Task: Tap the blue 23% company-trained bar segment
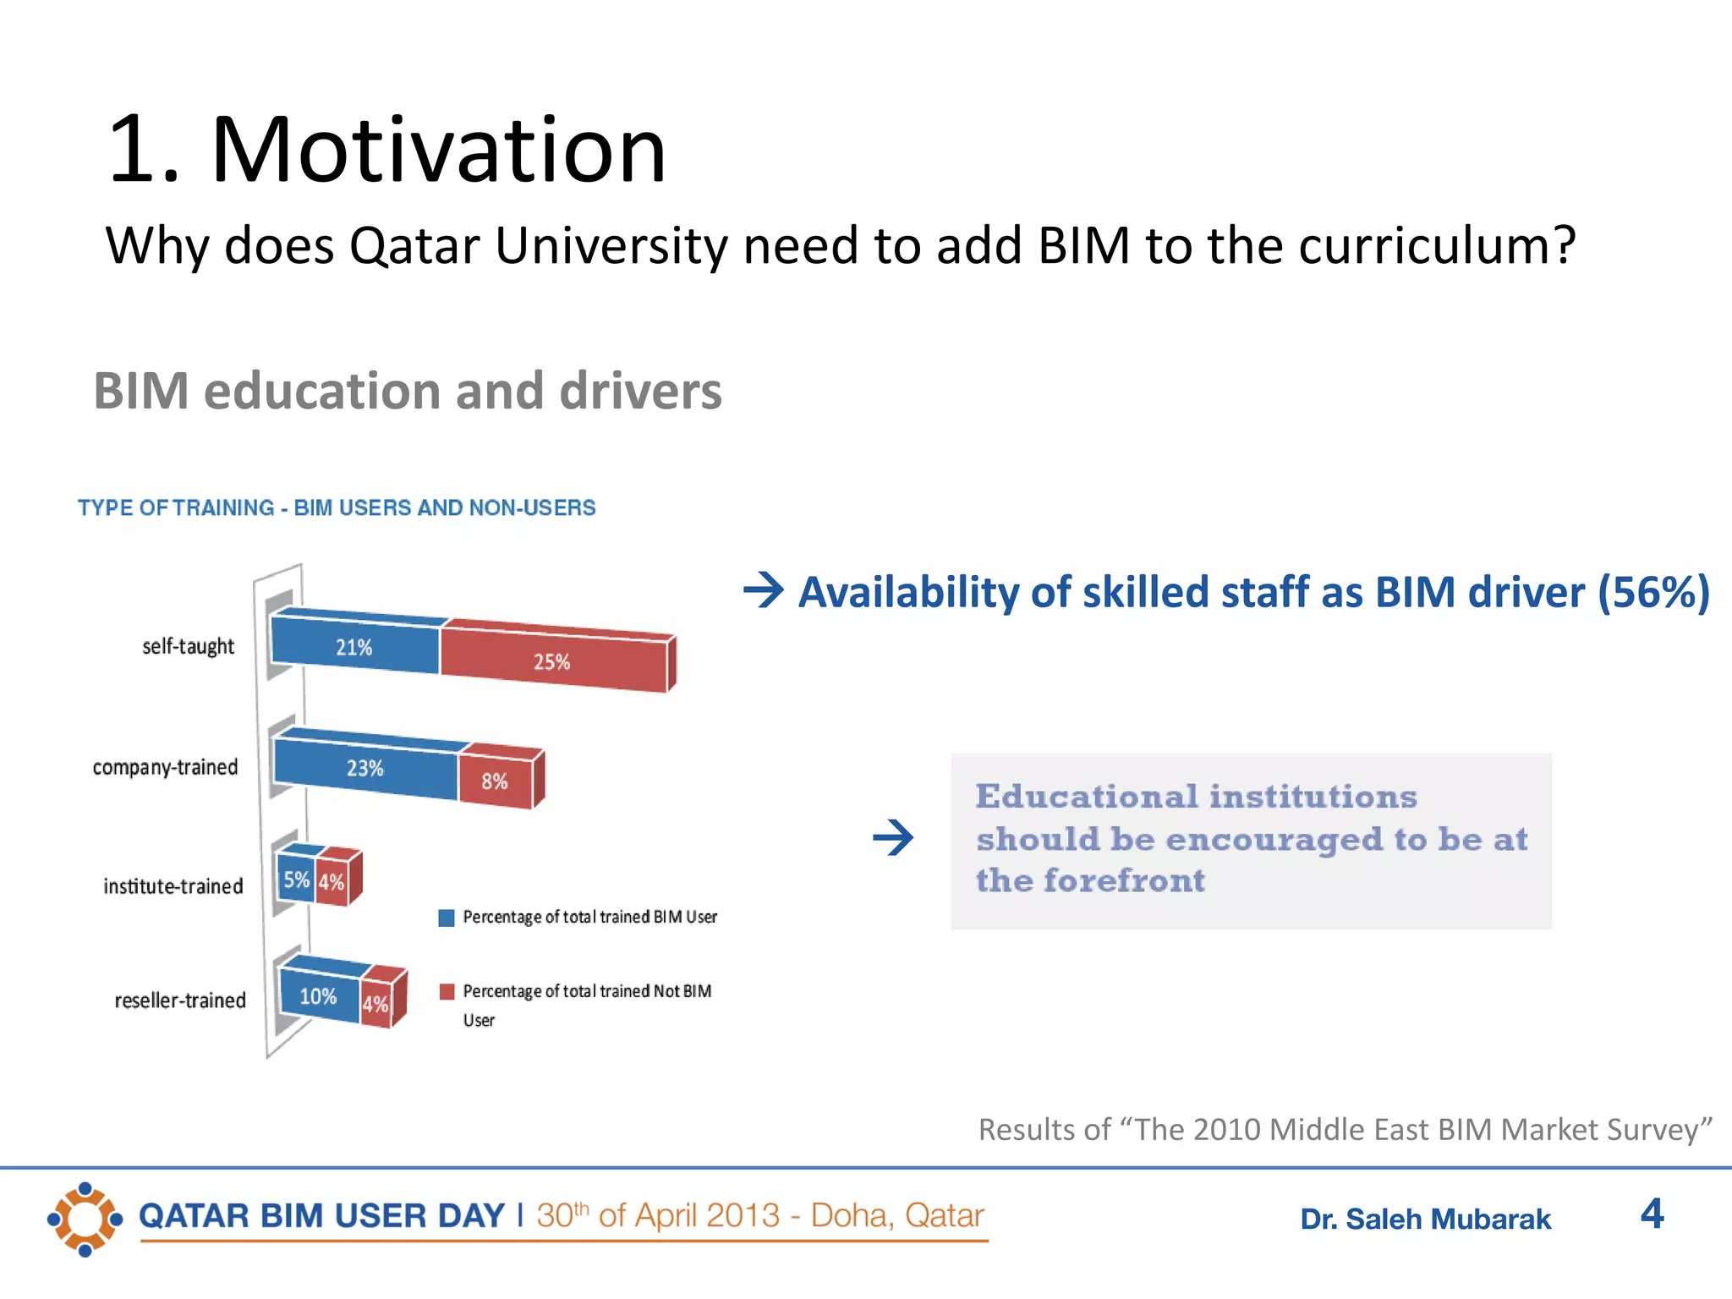pos(365,768)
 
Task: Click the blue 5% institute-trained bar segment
pos(296,880)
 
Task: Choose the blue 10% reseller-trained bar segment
pos(319,996)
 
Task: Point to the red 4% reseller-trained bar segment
pos(375,1004)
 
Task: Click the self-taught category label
pos(188,646)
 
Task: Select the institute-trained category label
pos(173,886)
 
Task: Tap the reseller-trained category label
pos(180,1000)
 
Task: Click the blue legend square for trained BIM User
pos(447,918)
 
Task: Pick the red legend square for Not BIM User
pos(447,991)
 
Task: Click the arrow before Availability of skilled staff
pos(764,590)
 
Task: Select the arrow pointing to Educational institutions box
pos(893,838)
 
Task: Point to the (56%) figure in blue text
pos(1653,591)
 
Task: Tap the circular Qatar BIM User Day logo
pos(85,1219)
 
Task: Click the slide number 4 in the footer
pos(1652,1214)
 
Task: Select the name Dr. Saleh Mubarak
pos(1425,1220)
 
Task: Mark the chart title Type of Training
pos(337,507)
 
